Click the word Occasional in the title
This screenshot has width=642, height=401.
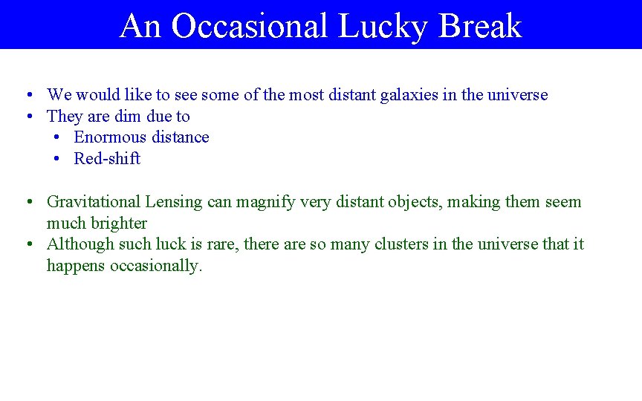pos(249,26)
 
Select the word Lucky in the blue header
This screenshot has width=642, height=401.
pos(383,26)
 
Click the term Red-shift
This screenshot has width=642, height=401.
pos(107,159)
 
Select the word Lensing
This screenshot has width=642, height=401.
pos(174,202)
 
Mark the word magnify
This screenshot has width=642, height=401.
pos(264,202)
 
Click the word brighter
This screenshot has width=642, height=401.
pos(120,224)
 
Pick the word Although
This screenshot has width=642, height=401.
pos(77,244)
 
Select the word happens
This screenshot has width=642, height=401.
pos(76,266)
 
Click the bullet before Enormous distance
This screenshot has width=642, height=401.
pos(56,137)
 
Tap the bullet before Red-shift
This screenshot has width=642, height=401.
pos(56,159)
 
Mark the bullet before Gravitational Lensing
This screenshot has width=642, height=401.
pos(27,202)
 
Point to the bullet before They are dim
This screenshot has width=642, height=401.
pos(27,117)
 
